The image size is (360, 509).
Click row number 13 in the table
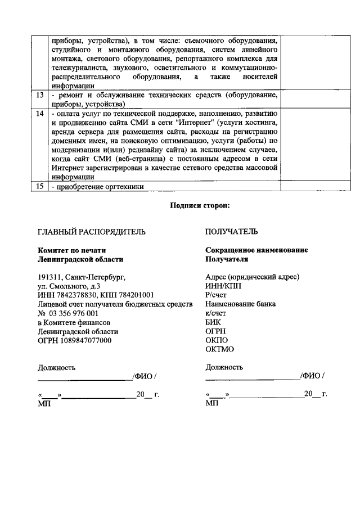point(39,95)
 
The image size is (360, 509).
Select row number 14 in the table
point(39,114)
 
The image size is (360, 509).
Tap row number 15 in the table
point(39,187)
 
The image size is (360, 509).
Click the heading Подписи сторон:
point(200,206)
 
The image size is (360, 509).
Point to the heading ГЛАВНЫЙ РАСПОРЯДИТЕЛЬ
point(91,232)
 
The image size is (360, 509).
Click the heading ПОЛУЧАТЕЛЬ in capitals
point(232,232)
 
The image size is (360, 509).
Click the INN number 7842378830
point(74,295)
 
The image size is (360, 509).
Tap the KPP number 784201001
point(136,295)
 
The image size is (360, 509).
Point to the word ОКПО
point(217,340)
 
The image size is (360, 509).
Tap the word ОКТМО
point(219,349)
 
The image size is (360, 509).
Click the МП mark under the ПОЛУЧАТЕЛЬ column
point(211,403)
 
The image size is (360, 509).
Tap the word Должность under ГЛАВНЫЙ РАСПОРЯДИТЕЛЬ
point(56,367)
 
